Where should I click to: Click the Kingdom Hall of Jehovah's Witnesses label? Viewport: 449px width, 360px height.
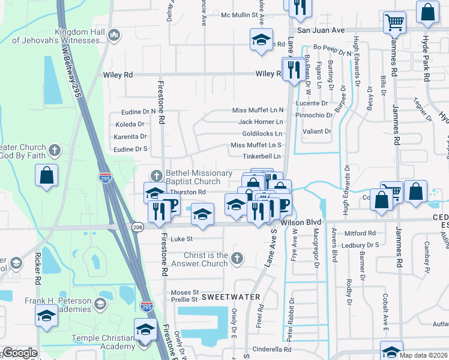coord(79,36)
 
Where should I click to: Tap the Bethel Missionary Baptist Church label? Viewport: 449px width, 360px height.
coord(199,177)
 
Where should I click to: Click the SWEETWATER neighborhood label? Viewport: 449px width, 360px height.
coord(231,297)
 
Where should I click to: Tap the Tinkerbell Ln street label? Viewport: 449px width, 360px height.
coord(262,157)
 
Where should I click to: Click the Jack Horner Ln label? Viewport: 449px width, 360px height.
coord(260,122)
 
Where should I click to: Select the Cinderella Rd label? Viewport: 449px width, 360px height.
coord(271,349)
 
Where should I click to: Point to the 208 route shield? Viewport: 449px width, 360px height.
coord(137,227)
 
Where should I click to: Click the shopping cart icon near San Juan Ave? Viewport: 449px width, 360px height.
coord(394,23)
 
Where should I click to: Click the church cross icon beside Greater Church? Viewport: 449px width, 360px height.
coord(55,149)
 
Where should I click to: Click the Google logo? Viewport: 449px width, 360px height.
coord(20,353)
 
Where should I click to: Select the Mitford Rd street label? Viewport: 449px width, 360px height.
coord(360,233)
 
